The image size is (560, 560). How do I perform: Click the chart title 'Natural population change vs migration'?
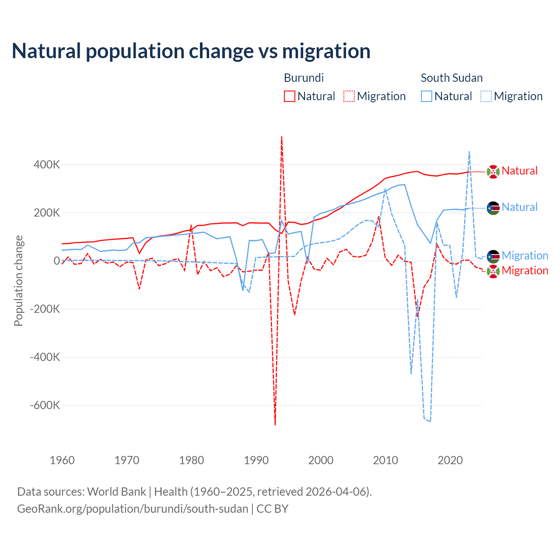tap(191, 51)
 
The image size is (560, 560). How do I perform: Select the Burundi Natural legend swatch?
tap(289, 96)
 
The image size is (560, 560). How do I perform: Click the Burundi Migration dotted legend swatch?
tap(349, 96)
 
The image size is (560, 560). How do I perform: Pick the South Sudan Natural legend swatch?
tap(426, 96)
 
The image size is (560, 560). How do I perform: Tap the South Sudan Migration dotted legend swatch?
tap(486, 96)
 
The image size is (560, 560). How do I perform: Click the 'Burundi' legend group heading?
tap(304, 78)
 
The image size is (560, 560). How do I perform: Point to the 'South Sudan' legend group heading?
tap(451, 78)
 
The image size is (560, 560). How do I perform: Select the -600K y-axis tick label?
tap(45, 405)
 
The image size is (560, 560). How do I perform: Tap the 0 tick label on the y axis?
tap(57, 261)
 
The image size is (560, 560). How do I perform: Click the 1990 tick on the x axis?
tap(256, 460)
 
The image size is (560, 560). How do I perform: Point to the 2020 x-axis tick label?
tap(450, 460)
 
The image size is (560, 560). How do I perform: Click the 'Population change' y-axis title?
tap(18, 281)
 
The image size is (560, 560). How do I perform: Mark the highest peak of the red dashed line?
tap(281, 137)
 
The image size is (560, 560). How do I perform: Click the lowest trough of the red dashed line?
tap(275, 424)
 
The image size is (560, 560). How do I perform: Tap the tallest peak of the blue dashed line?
tap(469, 152)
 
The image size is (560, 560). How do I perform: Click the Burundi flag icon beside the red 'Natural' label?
tap(493, 171)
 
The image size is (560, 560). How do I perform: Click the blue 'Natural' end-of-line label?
tap(519, 207)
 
